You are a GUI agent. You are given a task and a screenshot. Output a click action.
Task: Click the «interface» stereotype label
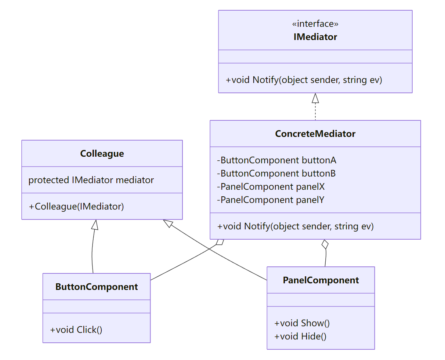pos(315,24)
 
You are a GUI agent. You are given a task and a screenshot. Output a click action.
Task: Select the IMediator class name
pos(315,37)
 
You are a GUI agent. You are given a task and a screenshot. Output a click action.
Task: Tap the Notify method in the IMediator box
pos(304,80)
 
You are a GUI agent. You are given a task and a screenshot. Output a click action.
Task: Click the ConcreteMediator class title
pos(315,134)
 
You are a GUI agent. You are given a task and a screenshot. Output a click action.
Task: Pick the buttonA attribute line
pos(276,160)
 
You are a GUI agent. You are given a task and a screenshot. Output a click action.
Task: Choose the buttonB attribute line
pos(276,174)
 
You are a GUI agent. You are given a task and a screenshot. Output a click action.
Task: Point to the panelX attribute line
pos(271,187)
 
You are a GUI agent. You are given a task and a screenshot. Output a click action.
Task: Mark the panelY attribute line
pos(271,200)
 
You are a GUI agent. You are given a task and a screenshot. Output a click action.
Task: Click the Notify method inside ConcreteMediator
pos(295,226)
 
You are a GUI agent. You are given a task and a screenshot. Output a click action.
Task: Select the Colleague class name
pos(102,154)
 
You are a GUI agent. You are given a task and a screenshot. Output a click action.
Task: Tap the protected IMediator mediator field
pos(91,180)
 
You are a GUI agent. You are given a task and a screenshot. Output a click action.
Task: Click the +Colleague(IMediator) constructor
pos(76,207)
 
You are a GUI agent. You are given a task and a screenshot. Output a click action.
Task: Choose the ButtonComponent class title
pos(97,287)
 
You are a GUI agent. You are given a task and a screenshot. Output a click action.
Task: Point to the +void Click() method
pos(76,330)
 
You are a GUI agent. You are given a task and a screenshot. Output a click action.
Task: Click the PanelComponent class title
pos(321,280)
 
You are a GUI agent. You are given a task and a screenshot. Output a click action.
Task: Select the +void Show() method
pos(302,323)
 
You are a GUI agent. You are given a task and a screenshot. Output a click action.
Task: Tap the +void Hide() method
pos(300,337)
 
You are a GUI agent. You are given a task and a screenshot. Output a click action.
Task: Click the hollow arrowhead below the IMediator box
pos(315,98)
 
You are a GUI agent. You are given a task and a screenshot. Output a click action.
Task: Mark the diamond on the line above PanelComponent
pos(325,244)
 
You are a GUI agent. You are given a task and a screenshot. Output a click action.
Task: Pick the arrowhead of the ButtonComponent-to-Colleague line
pos(95,225)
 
